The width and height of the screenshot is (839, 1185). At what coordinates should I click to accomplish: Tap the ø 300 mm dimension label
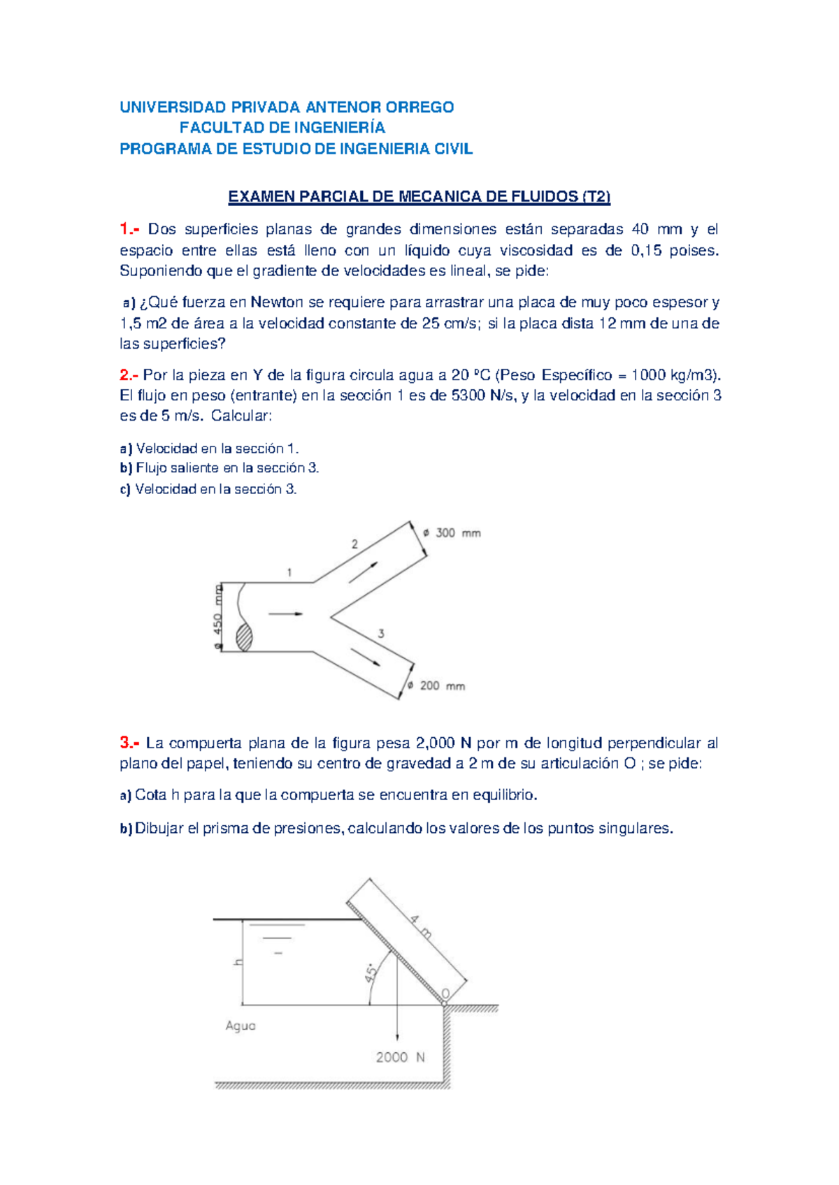coord(453,533)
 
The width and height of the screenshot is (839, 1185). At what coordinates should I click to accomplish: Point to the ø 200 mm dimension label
coord(437,686)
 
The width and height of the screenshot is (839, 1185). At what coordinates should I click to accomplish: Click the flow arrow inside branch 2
coord(364,572)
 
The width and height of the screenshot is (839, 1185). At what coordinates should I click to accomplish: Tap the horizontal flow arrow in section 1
coord(285,614)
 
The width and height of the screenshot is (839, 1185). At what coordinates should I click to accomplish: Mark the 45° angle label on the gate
coord(372,972)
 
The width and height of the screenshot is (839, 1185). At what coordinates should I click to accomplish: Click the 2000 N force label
coord(400,1057)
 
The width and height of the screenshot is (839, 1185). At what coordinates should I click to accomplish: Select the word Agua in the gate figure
coord(241,1026)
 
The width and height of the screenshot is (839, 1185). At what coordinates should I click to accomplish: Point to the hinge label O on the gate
coord(445,994)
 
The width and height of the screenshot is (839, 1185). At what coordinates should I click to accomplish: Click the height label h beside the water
coord(238,962)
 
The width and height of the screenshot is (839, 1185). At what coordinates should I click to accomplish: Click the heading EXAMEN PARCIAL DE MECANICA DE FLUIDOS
coord(419,197)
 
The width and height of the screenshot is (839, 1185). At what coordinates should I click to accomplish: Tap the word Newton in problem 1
coord(277,303)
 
